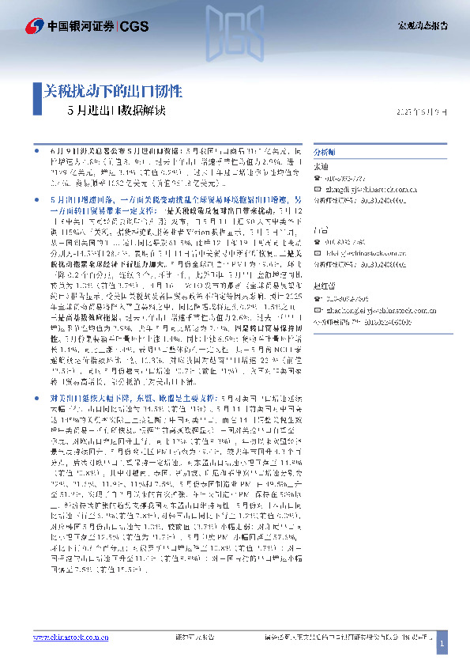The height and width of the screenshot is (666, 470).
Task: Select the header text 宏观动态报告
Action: click(x=422, y=25)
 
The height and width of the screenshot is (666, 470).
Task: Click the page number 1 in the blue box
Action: click(x=442, y=645)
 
